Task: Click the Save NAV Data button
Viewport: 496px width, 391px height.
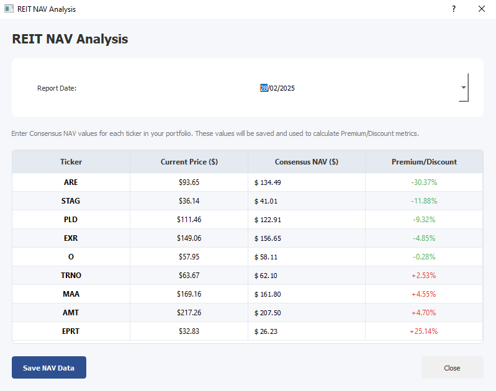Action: click(x=48, y=367)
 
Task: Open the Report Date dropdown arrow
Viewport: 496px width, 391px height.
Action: click(x=463, y=88)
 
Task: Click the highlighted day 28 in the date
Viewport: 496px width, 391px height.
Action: click(x=264, y=88)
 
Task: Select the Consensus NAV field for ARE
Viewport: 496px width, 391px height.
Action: click(x=307, y=182)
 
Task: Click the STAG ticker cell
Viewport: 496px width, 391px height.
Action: click(x=71, y=201)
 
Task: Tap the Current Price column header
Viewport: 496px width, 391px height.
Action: click(x=189, y=162)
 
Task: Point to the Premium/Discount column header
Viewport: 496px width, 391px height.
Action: click(x=424, y=162)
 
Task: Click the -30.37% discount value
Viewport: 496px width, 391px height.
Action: click(x=424, y=182)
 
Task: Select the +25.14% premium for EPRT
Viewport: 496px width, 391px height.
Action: click(x=424, y=331)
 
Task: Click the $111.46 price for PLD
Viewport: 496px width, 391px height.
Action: click(x=189, y=220)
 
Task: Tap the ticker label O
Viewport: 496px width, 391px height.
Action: click(x=71, y=257)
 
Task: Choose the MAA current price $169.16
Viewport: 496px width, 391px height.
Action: click(x=189, y=294)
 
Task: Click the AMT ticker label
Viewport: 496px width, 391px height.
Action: click(x=71, y=313)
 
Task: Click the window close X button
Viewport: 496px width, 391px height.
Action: click(x=481, y=9)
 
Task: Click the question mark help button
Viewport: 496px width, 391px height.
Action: click(x=453, y=9)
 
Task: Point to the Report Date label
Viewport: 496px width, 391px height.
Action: click(x=56, y=88)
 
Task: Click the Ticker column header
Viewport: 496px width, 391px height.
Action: click(x=71, y=162)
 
